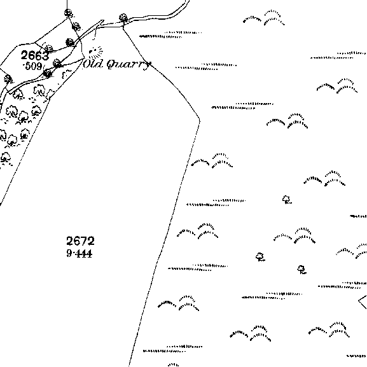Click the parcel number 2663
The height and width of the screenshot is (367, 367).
(35, 55)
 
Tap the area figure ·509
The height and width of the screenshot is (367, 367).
(33, 66)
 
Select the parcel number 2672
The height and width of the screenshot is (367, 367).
(81, 241)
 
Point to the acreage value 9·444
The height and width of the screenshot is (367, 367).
(80, 253)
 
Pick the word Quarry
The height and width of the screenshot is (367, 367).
(128, 64)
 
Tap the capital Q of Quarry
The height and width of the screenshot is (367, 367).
(112, 64)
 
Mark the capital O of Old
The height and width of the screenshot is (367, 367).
(87, 64)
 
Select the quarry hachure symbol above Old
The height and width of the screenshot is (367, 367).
(95, 52)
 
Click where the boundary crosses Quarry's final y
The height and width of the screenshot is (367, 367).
(148, 64)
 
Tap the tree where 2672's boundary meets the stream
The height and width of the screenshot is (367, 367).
(123, 18)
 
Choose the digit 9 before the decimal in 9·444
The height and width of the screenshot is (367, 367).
(69, 253)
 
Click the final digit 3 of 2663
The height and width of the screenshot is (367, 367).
(45, 55)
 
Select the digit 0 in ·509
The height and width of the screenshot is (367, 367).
(33, 67)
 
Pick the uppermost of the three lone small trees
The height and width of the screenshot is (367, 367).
(286, 200)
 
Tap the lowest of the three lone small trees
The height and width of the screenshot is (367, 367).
(301, 270)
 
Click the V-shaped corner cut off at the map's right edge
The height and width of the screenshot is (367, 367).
(359, 301)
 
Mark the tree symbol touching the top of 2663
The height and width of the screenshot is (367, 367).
(48, 48)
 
